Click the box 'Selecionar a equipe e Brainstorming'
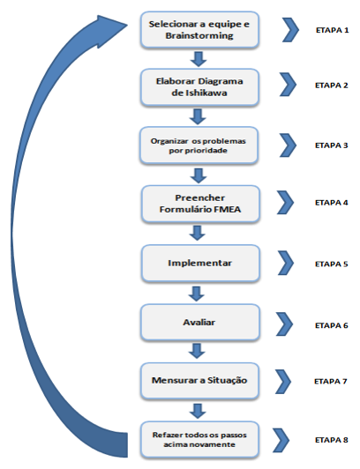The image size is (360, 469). pos(199,30)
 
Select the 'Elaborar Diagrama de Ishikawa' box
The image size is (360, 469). pos(199,87)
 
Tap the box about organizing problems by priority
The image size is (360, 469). pos(199,145)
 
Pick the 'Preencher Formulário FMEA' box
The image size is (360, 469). pos(200,204)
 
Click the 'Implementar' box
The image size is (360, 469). pos(200,264)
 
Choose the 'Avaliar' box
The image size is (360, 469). pos(199,323)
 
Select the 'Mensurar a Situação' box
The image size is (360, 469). pos(199,381)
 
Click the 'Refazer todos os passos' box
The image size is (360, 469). pos(199,440)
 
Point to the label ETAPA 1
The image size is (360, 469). pos(332,30)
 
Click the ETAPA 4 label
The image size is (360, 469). pos(332,203)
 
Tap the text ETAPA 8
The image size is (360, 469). pos(332,440)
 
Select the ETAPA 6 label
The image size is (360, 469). pos(332,325)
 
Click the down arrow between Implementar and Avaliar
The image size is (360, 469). pos(196,294)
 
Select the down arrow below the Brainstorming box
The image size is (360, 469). pos(199,59)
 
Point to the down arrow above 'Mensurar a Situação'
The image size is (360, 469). pos(197,351)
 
